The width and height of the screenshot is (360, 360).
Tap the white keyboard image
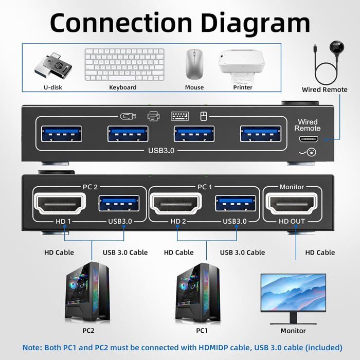124,65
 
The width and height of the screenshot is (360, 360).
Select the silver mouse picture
194,63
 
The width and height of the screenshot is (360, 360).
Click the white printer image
243,65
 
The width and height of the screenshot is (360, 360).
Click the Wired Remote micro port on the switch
308,139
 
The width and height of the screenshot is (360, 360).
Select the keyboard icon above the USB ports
179,116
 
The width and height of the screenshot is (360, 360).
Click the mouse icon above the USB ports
204,116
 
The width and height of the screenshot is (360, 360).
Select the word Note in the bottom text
32,348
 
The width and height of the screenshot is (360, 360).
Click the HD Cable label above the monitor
320,252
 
